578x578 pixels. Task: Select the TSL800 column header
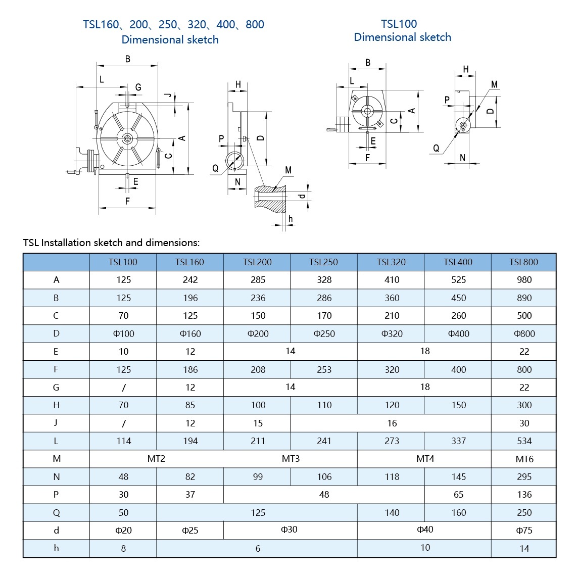[523, 262]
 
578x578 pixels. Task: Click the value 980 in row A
[524, 279]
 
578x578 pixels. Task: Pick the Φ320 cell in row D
[392, 333]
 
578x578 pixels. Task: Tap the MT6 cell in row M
[524, 459]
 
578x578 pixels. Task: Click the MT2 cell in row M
[156, 459]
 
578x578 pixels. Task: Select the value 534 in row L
[524, 441]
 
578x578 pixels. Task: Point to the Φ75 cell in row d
[524, 531]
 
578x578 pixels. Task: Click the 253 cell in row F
[324, 369]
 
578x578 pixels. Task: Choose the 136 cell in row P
[524, 495]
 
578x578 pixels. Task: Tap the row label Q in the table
[56, 513]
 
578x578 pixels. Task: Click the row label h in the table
[56, 548]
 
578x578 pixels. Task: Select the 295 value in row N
[524, 476]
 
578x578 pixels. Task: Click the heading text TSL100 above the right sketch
[399, 24]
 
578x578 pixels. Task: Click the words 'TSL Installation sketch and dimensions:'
[111, 243]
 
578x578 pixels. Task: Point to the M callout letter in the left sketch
[288, 170]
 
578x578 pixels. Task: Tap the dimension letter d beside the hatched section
[302, 195]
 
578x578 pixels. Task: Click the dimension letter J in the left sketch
[169, 95]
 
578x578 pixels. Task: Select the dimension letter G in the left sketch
[138, 87]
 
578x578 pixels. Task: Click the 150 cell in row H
[458, 405]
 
